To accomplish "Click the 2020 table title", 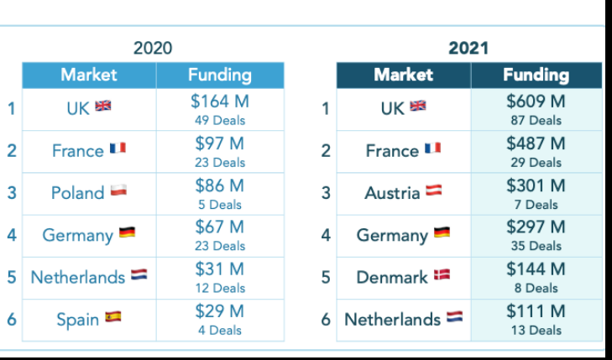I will (153, 48).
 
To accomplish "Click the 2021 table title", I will (468, 48).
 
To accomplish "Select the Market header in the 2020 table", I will (89, 75).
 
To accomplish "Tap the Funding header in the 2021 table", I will (536, 75).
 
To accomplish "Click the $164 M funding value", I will (219, 102).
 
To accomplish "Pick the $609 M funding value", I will (536, 102).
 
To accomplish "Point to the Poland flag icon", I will (118, 191).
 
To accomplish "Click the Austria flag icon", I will (433, 191).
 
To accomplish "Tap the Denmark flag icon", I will (442, 275).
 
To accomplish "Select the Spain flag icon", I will (113, 317).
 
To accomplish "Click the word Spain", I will (77, 320).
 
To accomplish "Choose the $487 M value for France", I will (536, 143).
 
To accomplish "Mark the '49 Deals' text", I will (219, 120).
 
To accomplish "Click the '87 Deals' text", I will (536, 120).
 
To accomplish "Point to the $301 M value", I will (536, 185).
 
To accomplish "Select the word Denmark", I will (392, 278).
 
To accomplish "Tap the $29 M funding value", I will (219, 311).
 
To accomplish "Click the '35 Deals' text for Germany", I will (536, 246).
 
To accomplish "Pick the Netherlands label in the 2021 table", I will (392, 320).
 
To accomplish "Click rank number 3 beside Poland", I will (11, 193).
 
